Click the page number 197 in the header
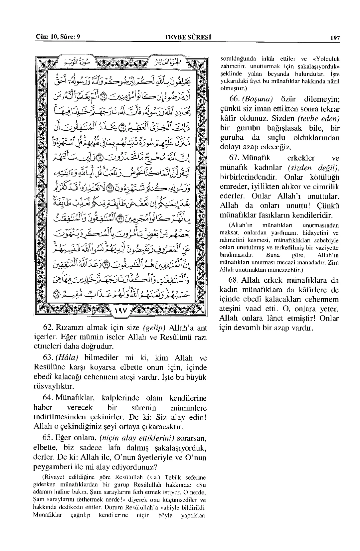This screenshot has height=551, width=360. click(x=335, y=38)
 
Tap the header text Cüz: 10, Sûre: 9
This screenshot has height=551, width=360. click(x=58, y=37)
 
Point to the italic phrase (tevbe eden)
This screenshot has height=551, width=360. click(x=318, y=118)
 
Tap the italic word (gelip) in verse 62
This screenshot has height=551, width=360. click(x=153, y=328)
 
